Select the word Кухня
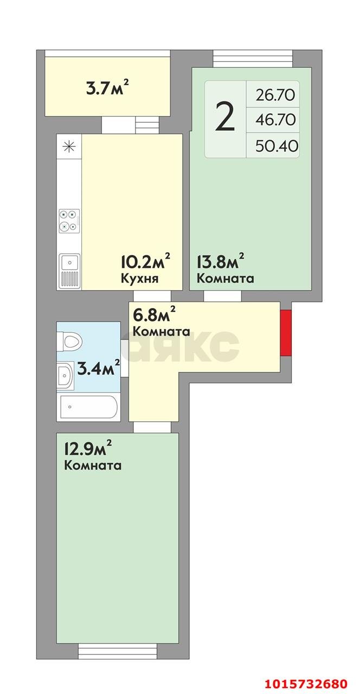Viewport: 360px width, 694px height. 139,279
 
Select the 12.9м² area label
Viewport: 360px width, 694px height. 88,449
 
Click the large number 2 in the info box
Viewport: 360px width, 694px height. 225,118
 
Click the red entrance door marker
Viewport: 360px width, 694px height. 286,333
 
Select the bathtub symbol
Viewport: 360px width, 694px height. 88,407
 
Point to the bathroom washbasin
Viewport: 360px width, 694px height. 65,374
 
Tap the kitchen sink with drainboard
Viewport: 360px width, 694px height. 69,271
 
